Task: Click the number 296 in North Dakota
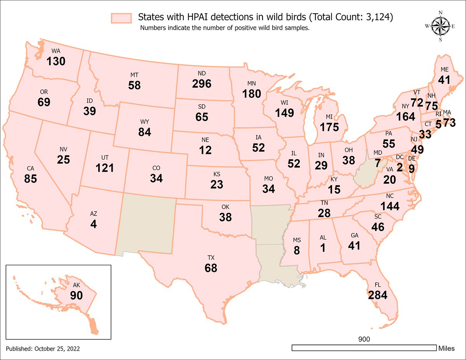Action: (202, 83)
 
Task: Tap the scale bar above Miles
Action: (364, 348)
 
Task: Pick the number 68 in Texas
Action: (211, 268)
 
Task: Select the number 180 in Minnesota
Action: (252, 94)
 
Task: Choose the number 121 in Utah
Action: (105, 168)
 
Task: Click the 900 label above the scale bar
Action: (364, 339)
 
